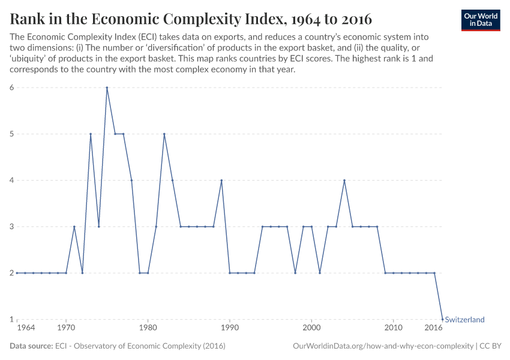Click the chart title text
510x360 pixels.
[191, 19]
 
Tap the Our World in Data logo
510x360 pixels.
[481, 20]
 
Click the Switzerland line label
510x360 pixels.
[464, 320]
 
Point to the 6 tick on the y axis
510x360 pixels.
[11, 88]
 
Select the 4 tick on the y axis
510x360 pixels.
[11, 181]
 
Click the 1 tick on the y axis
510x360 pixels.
[11, 320]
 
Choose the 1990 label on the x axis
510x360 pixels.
[229, 329]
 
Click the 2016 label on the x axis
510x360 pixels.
[433, 329]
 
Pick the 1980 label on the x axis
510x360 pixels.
[148, 329]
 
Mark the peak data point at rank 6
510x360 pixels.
[107, 88]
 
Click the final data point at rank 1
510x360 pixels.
[442, 319]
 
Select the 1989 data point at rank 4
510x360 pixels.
[221, 181]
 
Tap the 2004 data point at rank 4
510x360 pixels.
[344, 181]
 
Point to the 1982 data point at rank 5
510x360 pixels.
[164, 134]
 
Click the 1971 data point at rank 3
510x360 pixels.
[74, 227]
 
